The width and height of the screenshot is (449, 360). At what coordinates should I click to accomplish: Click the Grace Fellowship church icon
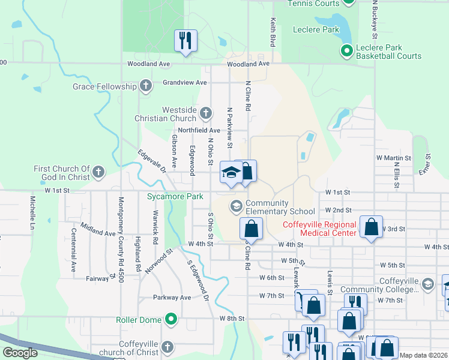pos(145,86)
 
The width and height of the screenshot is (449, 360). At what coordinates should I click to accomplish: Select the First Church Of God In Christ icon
pos(98,173)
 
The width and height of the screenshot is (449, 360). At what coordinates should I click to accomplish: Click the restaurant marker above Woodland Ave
pos(185,41)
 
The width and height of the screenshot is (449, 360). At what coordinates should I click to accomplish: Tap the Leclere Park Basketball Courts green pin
pos(346,52)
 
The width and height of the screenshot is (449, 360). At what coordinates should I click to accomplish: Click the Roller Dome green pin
pos(171,319)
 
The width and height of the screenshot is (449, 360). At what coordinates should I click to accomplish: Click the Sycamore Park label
pos(167,196)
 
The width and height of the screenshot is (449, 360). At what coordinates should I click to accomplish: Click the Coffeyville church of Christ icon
pos(168,347)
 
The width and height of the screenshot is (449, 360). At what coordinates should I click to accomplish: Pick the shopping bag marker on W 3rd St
pos(372,228)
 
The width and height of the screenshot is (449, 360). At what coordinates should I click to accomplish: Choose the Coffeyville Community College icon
pos(427,284)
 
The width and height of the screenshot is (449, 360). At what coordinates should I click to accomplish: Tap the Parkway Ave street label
pos(172,297)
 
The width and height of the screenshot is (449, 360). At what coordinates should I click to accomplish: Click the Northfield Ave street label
pos(199,130)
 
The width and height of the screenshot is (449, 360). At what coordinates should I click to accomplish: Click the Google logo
pos(20,353)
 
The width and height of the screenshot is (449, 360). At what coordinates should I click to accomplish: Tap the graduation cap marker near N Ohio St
pos(231,173)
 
